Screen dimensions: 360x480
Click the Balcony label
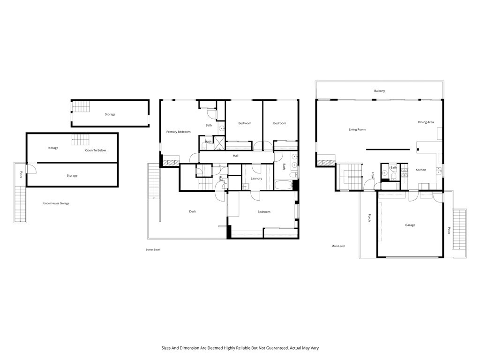379,91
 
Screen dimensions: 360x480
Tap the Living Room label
357,129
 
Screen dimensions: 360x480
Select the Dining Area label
426,122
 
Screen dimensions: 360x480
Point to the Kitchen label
421,170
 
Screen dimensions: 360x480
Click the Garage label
410,225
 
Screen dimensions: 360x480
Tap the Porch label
369,218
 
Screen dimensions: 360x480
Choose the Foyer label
373,176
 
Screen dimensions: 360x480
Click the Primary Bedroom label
179,132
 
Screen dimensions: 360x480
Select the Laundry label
256,179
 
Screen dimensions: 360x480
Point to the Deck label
193,211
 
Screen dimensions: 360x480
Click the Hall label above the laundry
236,156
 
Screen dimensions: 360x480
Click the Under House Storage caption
56,203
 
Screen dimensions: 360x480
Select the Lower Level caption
153,250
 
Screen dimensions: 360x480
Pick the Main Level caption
338,246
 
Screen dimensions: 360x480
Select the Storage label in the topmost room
110,114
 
